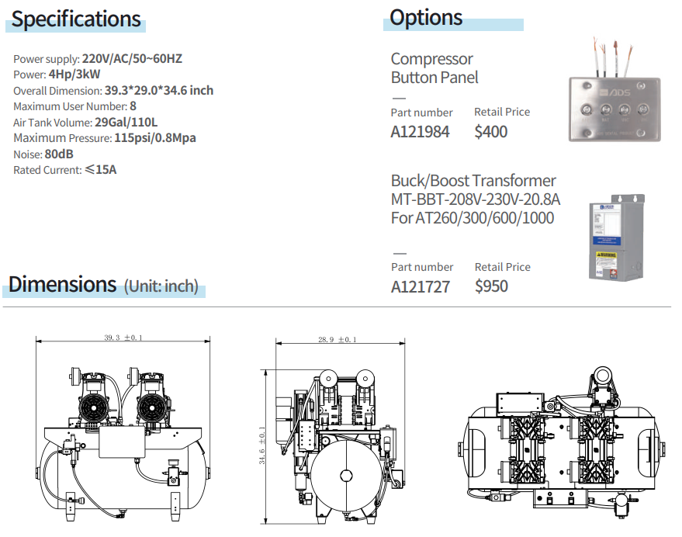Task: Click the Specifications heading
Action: pos(76,19)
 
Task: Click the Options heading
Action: pos(426,17)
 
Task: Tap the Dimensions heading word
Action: pos(62,284)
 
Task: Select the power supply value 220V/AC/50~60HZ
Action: pos(132,58)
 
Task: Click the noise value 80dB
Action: pos(59,154)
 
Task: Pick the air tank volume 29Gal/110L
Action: pos(126,122)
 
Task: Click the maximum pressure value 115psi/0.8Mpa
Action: pos(154,138)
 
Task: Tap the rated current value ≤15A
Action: pos(100,170)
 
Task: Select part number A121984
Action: pos(420,132)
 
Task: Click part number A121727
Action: pos(420,286)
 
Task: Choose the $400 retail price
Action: pos(491,132)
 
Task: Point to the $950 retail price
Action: pos(492,286)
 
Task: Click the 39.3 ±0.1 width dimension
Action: pos(123,338)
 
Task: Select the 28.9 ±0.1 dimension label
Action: pos(337,340)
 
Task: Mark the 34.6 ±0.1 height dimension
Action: pos(263,445)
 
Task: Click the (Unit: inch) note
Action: pos(161,286)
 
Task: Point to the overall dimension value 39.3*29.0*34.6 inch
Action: pos(159,90)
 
